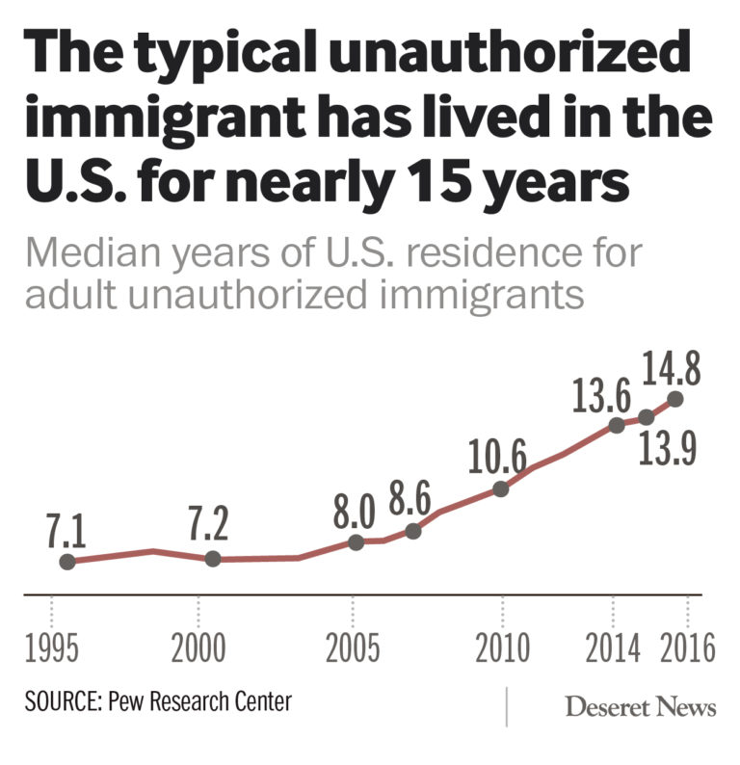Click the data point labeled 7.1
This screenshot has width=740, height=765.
(x=67, y=562)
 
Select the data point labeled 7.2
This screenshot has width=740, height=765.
(x=213, y=559)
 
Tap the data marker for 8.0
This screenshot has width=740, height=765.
(x=356, y=542)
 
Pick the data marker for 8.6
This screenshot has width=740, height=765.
(x=413, y=531)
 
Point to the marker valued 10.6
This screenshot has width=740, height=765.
(x=500, y=489)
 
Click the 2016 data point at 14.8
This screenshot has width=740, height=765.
(x=674, y=398)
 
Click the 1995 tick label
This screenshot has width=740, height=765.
(x=53, y=647)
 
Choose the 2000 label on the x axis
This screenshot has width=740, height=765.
(x=198, y=647)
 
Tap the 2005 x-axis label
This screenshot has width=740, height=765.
(x=353, y=647)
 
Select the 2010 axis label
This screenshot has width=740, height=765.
(x=503, y=647)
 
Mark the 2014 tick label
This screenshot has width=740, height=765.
(x=612, y=647)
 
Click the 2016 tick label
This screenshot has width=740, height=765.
(x=686, y=647)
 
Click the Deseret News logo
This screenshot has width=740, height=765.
(x=640, y=708)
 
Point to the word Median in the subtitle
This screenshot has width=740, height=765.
(x=87, y=254)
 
